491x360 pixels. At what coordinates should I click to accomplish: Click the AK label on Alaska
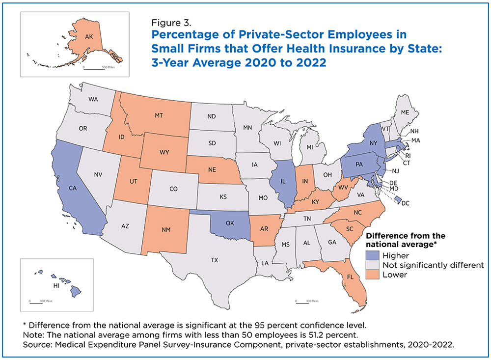[x=89, y=37]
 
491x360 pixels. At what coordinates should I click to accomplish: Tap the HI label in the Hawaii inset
[x=56, y=285]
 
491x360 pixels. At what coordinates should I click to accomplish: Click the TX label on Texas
[x=215, y=260]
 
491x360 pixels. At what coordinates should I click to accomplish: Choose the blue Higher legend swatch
[x=372, y=255]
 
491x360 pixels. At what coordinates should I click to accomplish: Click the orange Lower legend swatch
[x=372, y=275]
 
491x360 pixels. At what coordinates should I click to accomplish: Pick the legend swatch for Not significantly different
[x=372, y=265]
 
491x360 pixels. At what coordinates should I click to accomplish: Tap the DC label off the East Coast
[x=406, y=203]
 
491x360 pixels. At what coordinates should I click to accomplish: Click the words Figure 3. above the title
[x=171, y=23]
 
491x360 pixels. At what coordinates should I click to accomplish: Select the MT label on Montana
[x=159, y=115]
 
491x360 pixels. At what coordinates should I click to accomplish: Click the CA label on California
[x=73, y=188]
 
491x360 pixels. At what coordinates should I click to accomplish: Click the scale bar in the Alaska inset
[x=94, y=69]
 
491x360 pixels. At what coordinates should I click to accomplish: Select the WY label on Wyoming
[x=164, y=152]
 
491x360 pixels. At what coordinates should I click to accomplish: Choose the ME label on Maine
[x=405, y=112]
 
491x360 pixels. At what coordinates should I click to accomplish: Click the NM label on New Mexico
[x=166, y=230]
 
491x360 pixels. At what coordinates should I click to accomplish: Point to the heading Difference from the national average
[x=406, y=240]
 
